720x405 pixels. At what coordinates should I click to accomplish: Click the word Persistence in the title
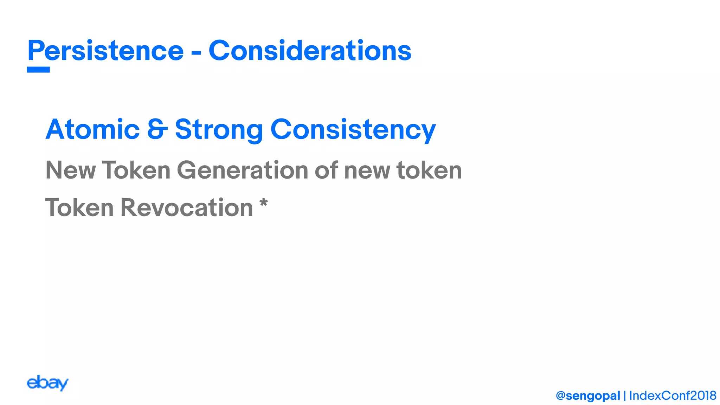click(105, 51)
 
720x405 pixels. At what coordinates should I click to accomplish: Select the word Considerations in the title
click(310, 51)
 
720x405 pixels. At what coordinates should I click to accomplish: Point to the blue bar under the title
click(38, 70)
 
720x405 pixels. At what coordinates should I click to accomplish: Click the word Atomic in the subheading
click(92, 129)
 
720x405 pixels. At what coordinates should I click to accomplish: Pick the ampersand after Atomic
click(157, 129)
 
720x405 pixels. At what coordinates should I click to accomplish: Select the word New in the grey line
click(70, 170)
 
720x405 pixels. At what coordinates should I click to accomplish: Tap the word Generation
click(242, 170)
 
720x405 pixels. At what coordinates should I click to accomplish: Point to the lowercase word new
click(367, 171)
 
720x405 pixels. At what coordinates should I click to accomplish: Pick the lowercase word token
click(429, 170)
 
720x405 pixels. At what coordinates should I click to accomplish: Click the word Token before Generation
click(136, 170)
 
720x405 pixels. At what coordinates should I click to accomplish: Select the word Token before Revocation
click(79, 207)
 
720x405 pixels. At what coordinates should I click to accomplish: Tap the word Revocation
click(187, 207)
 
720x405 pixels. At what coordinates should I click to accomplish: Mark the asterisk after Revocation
click(263, 203)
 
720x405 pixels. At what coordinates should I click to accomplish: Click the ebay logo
click(47, 383)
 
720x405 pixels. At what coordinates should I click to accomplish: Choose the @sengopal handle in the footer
click(588, 396)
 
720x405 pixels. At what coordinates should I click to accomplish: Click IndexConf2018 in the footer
click(673, 396)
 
